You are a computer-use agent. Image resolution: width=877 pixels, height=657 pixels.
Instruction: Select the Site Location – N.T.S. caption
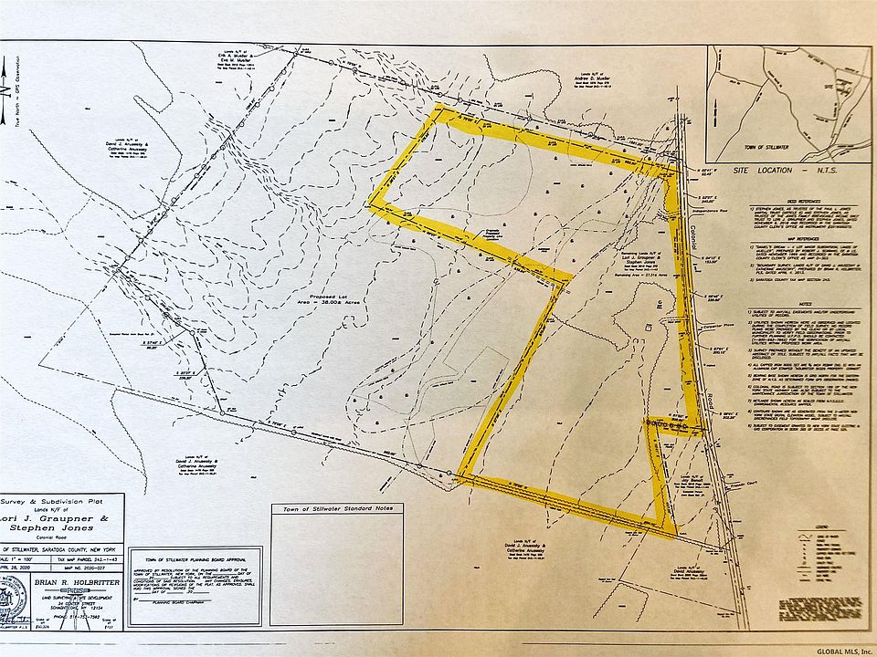click(x=792, y=171)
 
